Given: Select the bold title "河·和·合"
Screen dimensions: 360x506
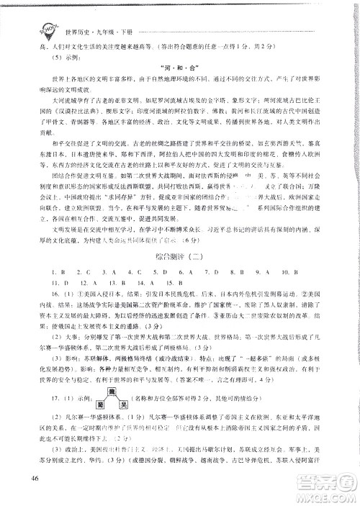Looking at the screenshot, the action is tap(179, 71).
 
